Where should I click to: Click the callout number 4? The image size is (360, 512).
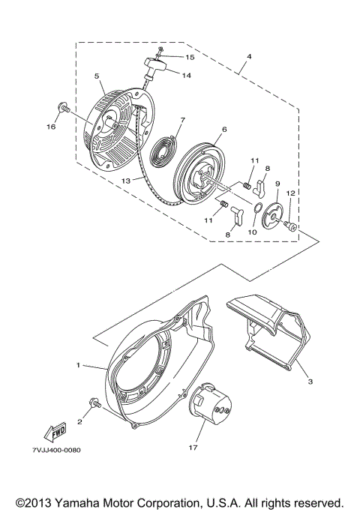[x=248, y=57]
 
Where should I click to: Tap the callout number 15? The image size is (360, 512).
[x=190, y=57]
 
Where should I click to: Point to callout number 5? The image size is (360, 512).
[x=97, y=76]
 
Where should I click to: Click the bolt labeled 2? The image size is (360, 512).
[x=93, y=404]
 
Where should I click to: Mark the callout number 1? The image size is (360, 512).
[x=77, y=365]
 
